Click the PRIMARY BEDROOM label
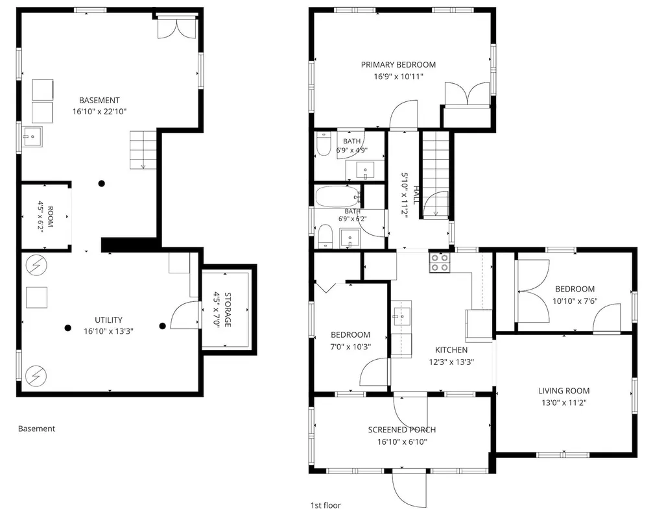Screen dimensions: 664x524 pos(398,65)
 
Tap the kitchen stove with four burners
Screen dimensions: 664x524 pos(440,262)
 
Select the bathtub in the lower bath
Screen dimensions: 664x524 pos(337,197)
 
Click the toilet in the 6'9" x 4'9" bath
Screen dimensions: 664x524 pos(324,143)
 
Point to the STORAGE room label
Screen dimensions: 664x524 pos(228,310)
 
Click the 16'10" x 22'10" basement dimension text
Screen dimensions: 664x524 pos(99,112)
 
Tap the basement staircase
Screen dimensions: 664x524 pos(143,150)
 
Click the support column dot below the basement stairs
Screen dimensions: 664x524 pos(102,184)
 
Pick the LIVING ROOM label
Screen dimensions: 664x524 pos(563,391)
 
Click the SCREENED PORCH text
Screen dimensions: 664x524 pos(402,430)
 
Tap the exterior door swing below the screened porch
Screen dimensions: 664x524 pos(409,490)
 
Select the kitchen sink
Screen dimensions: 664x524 pos(401,316)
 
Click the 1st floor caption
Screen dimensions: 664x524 pos(326,505)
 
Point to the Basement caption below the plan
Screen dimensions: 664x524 pos(36,429)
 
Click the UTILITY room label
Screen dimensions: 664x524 pos(108,320)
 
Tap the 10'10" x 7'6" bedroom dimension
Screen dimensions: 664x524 pos(575,301)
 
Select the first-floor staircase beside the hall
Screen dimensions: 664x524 pos(435,175)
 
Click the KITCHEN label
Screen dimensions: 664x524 pos(451,350)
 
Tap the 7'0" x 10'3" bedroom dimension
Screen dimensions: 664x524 pos(351,347)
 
